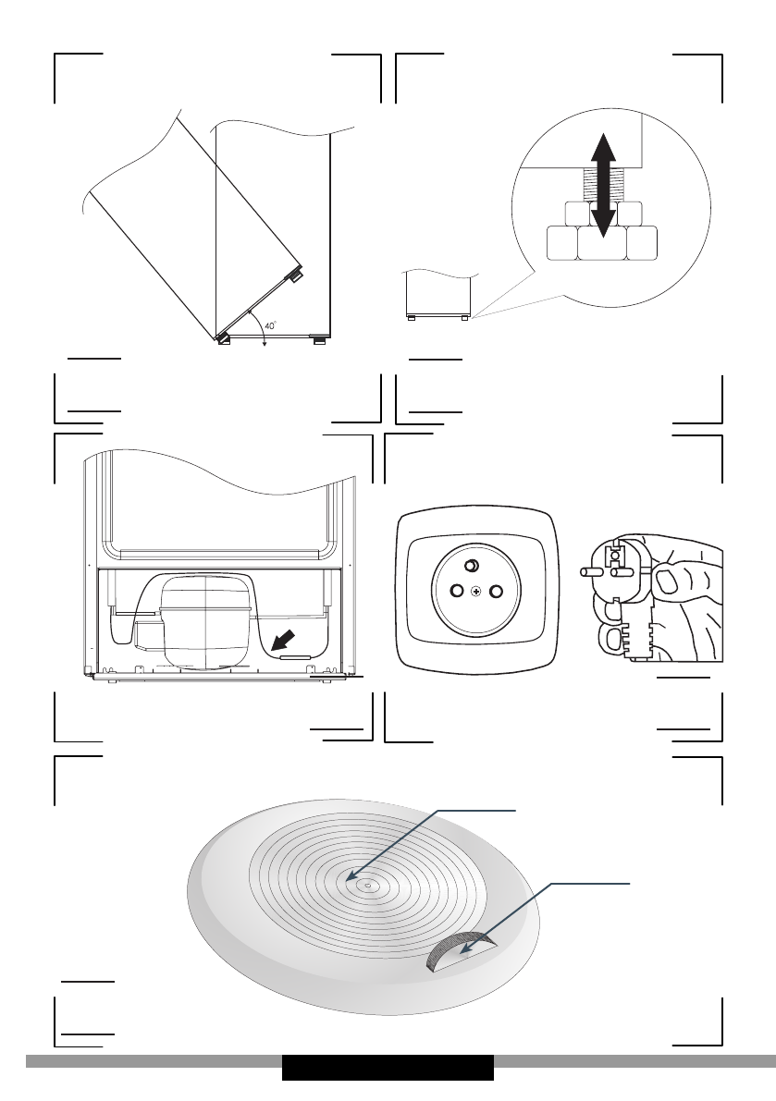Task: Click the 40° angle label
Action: [x=270, y=325]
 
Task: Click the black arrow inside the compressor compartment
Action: [x=285, y=638]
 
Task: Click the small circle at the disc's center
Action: [x=367, y=885]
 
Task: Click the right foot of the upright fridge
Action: [x=319, y=340]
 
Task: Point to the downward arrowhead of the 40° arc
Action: [x=265, y=344]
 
